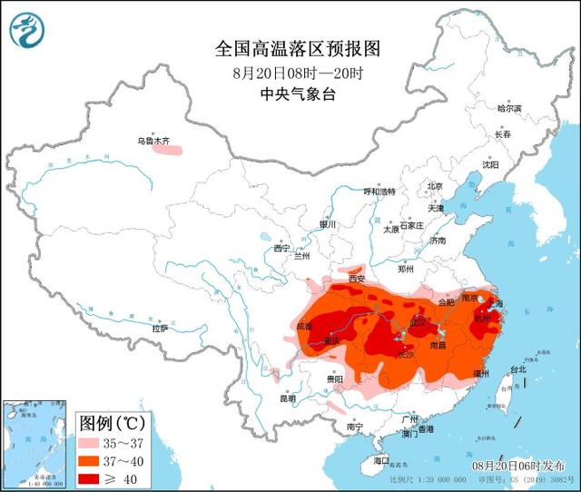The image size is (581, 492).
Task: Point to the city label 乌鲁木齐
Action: click(x=153, y=141)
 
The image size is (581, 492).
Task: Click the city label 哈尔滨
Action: click(x=509, y=108)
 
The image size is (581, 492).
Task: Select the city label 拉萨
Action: click(x=160, y=329)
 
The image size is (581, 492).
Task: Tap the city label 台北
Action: click(x=517, y=369)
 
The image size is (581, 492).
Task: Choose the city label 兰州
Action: click(x=300, y=256)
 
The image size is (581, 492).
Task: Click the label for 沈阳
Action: click(x=490, y=165)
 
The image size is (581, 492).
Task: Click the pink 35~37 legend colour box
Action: click(x=92, y=443)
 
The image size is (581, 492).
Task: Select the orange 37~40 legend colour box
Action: click(x=92, y=460)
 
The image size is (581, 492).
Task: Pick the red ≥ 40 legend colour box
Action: click(x=92, y=477)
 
